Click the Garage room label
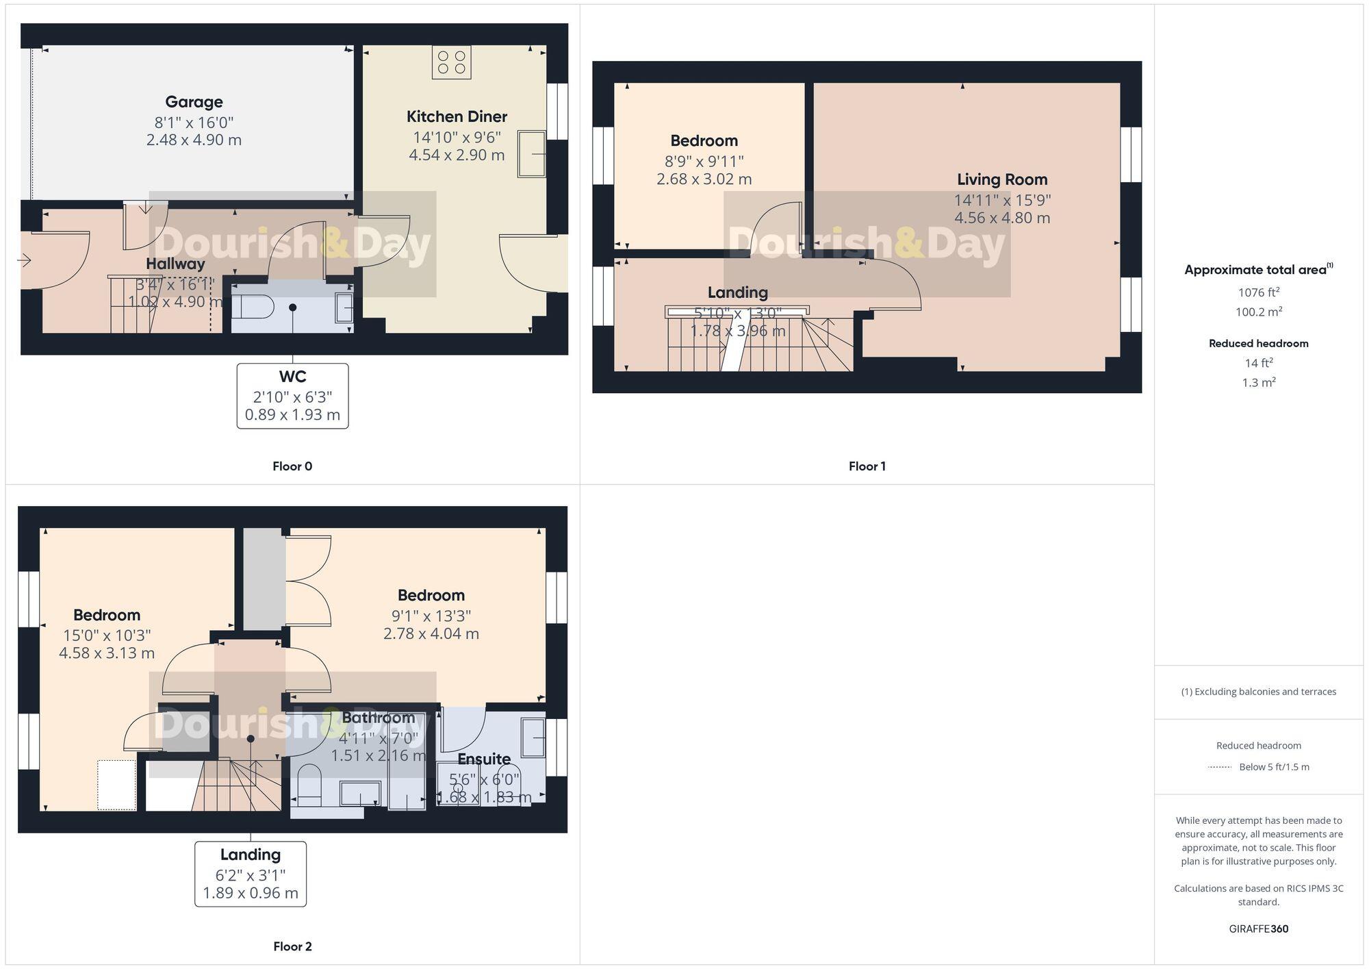pyautogui.click(x=194, y=102)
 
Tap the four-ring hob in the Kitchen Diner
pyautogui.click(x=452, y=62)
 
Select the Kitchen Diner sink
pyautogui.click(x=532, y=154)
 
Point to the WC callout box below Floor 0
pyautogui.click(x=292, y=396)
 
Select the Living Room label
pyautogui.click(x=1002, y=179)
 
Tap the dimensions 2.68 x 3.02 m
pyautogui.click(x=704, y=179)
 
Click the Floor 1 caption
pyautogui.click(x=867, y=466)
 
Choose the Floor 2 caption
pyautogui.click(x=292, y=946)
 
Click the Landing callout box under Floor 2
pyautogui.click(x=251, y=874)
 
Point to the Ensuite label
pyautogui.click(x=484, y=759)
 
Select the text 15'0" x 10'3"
pyautogui.click(x=107, y=635)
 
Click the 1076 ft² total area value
pyautogui.click(x=1258, y=292)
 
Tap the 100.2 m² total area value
pyautogui.click(x=1258, y=312)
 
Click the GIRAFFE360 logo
pyautogui.click(x=1258, y=929)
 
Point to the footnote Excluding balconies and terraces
pyautogui.click(x=1258, y=692)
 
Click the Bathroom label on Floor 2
pyautogui.click(x=379, y=718)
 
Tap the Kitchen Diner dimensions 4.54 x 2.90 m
pyautogui.click(x=457, y=155)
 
